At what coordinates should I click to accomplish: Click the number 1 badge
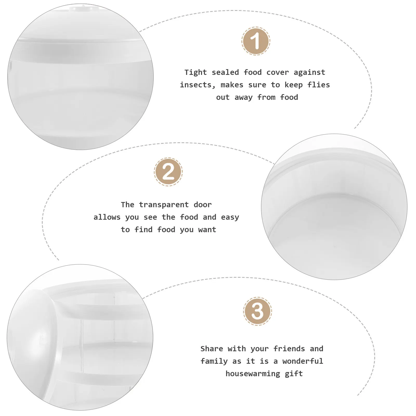[x=256, y=41]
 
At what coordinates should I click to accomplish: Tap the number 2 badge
[x=168, y=172]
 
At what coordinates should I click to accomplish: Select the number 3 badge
[x=257, y=311]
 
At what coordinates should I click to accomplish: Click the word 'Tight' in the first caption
[x=196, y=72]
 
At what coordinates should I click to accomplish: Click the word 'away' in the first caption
[x=243, y=97]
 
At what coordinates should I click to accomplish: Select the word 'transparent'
[x=164, y=205]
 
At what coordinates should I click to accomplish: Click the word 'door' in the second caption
[x=203, y=205]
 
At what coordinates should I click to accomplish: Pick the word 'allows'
[x=107, y=217]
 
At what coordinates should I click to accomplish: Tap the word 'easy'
[x=230, y=217]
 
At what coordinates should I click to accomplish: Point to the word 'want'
[x=207, y=230]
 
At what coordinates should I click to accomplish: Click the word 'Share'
[x=212, y=349]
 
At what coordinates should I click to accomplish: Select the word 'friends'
[x=289, y=349]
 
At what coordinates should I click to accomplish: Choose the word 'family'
[x=214, y=361]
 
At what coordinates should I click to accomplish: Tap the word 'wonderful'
[x=303, y=361]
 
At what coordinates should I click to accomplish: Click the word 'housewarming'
[x=253, y=374]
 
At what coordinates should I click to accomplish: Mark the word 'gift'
[x=294, y=374]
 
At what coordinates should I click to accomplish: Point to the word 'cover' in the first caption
[x=277, y=73]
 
